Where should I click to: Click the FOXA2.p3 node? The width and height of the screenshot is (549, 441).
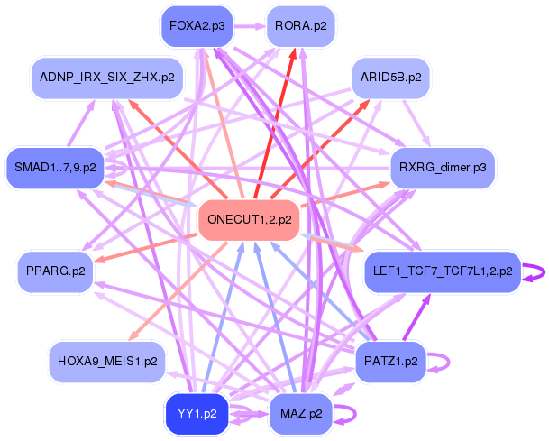[197, 26]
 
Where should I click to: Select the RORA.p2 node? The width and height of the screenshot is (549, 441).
[301, 26]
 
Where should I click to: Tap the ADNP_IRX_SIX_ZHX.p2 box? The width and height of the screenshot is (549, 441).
[107, 78]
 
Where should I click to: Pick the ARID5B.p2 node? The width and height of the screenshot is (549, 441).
[390, 78]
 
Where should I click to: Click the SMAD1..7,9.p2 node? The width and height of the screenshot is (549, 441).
[55, 168]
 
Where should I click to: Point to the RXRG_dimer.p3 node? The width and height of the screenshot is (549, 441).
[443, 168]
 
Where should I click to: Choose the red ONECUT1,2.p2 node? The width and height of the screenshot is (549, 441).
[250, 220]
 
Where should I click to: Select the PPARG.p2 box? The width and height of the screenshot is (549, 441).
[55, 271]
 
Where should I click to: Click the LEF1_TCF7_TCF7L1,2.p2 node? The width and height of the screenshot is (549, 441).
[443, 271]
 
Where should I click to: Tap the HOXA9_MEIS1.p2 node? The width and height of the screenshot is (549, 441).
[107, 361]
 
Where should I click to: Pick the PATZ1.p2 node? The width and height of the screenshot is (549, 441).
[390, 361]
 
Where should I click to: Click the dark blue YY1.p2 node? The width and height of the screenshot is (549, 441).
[197, 414]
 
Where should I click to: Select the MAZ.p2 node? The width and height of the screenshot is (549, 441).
[301, 414]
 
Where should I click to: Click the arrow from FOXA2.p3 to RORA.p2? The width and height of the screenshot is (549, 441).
[250, 26]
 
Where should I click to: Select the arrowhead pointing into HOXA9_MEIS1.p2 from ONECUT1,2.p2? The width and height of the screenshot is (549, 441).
[133, 335]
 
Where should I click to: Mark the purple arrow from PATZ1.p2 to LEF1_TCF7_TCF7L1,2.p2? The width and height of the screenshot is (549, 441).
[416, 317]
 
